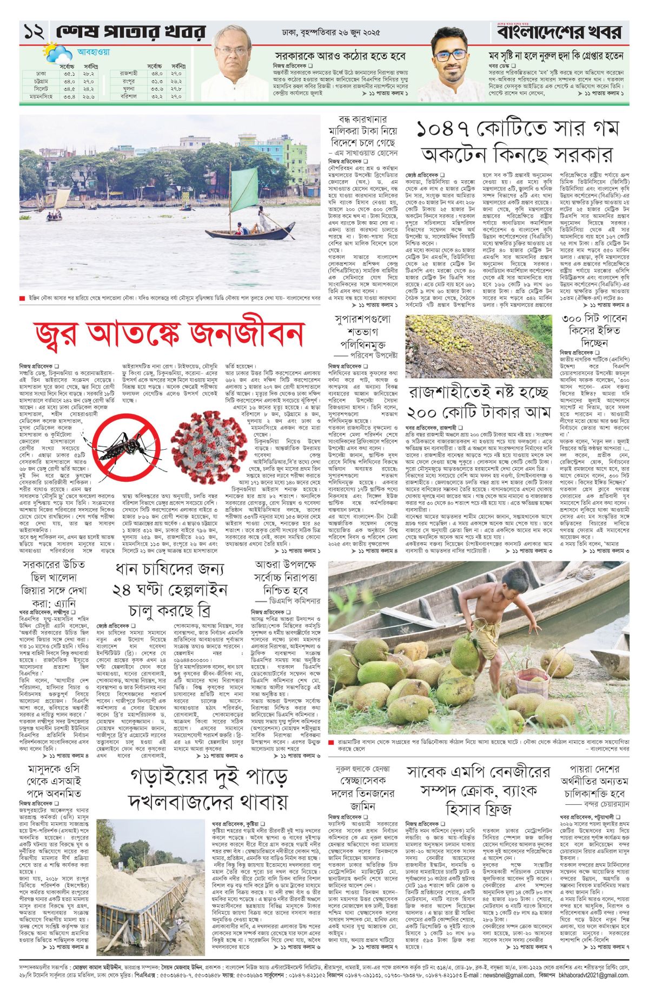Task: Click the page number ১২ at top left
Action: [34, 33]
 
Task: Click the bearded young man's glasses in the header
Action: [449, 55]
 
